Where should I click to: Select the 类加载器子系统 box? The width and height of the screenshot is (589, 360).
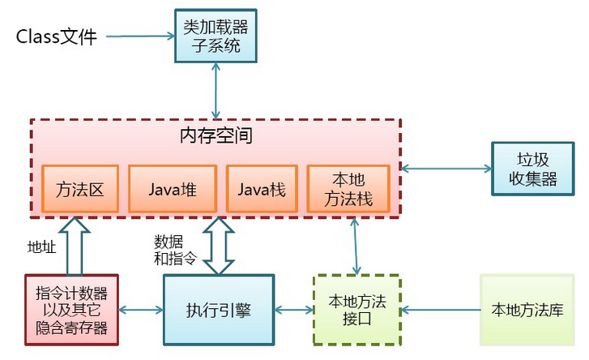coord(215,36)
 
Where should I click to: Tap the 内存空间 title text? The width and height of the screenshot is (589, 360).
coord(216,135)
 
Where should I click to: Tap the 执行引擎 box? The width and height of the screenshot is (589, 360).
coord(219,310)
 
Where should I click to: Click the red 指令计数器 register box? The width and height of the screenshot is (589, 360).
coord(72,310)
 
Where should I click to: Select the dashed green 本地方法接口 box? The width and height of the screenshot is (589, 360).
coord(357,310)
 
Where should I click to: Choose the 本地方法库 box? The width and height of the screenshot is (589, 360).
coord(527,310)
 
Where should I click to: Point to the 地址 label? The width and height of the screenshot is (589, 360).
coord(41,247)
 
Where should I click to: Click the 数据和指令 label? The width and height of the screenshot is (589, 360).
coord(175,249)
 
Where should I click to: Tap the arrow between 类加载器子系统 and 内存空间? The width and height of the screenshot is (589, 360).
coord(216,91)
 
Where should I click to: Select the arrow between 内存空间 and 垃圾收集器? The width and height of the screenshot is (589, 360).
coord(446,169)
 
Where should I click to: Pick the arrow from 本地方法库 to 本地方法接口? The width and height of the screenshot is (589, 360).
coord(442,310)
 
